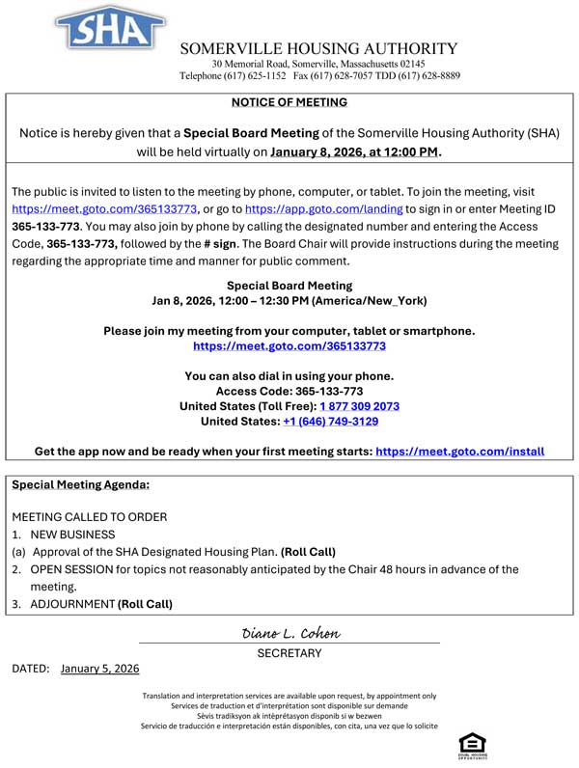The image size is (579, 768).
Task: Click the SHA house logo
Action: point(109,27)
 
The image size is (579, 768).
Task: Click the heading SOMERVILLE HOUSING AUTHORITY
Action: point(318,48)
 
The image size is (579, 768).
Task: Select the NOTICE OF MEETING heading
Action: point(289,102)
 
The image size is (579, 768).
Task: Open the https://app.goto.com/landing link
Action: point(324,208)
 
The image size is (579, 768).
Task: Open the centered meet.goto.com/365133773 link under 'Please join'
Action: point(289,345)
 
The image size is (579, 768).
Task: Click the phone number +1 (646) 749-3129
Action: point(330,422)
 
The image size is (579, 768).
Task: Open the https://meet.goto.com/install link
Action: point(459,451)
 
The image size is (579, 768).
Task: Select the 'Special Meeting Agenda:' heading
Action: point(81,485)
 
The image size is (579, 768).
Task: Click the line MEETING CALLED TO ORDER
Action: point(89,517)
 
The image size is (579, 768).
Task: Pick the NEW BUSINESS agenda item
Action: point(72,535)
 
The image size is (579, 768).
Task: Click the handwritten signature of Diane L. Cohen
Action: point(290,633)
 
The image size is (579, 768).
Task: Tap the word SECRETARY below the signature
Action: point(289,653)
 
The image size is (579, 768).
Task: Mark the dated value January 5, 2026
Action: point(99,668)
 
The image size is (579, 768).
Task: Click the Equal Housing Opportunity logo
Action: point(472,745)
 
